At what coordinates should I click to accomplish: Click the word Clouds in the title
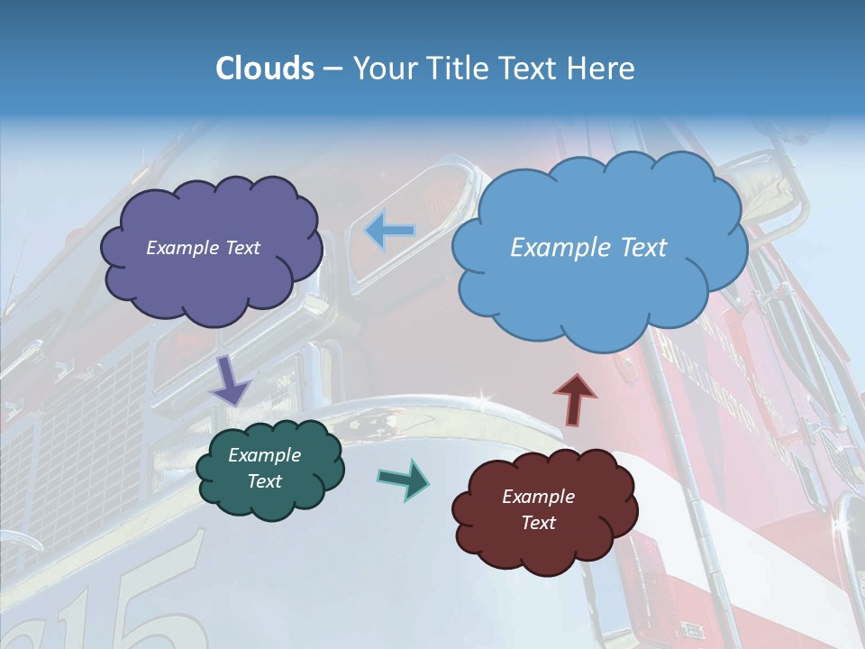coord(265,69)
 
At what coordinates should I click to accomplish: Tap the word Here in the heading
coord(603,69)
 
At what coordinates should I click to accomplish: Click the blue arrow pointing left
coord(389,232)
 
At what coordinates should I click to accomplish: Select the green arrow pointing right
coord(404,479)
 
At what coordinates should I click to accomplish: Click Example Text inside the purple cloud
coord(203,248)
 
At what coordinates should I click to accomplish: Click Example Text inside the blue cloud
coord(588,248)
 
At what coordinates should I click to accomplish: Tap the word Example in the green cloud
coord(264,455)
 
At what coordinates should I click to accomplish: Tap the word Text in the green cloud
coord(264,481)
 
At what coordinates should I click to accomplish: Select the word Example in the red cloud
coord(538,497)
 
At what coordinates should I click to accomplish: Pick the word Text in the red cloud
coord(538,523)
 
